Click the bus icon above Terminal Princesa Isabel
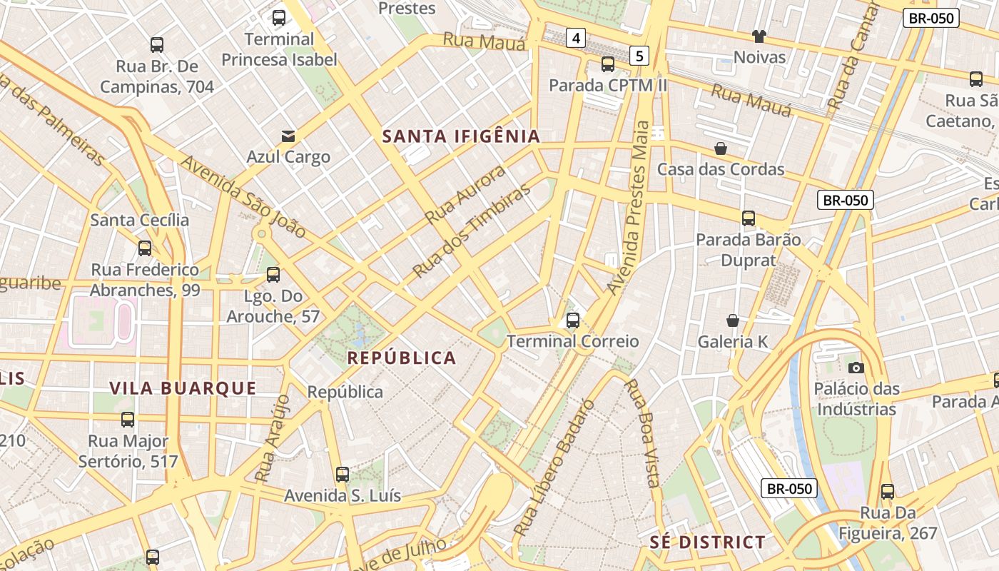pyautogui.click(x=278, y=18)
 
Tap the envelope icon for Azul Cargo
pyautogui.click(x=288, y=136)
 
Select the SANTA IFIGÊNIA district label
pyautogui.click(x=461, y=136)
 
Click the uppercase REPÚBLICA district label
pyautogui.click(x=401, y=358)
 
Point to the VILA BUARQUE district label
pyautogui.click(x=183, y=388)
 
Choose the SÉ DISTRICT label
pyautogui.click(x=707, y=542)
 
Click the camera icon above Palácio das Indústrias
pyautogui.click(x=856, y=368)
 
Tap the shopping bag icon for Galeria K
pyautogui.click(x=732, y=320)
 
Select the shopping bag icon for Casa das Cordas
pyautogui.click(x=721, y=148)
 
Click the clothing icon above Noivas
pyautogui.click(x=759, y=36)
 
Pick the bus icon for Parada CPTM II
pyautogui.click(x=608, y=64)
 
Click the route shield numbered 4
pyautogui.click(x=576, y=37)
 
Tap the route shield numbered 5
pyautogui.click(x=639, y=55)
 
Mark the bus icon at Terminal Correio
pyautogui.click(x=573, y=320)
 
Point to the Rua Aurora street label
pyautogui.click(x=465, y=193)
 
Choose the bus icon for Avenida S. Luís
pyautogui.click(x=343, y=475)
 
